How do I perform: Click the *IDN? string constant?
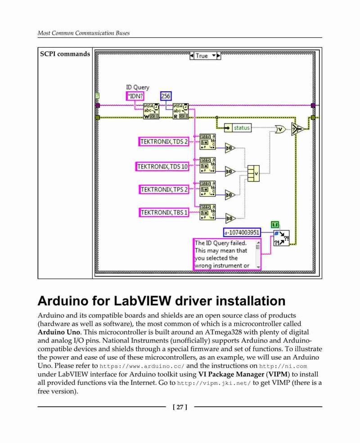pyautogui.click(x=135, y=96)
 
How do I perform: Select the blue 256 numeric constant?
pyautogui.click(x=166, y=96)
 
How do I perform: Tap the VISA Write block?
pyautogui.click(x=151, y=111)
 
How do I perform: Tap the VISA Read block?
pyautogui.click(x=180, y=111)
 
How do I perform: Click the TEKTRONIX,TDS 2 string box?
pyautogui.click(x=164, y=142)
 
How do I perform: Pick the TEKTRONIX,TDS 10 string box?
pyautogui.click(x=162, y=167)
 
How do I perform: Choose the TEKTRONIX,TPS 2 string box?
pyautogui.click(x=164, y=190)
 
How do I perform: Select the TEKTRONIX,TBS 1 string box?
pyautogui.click(x=164, y=212)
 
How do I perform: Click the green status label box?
pyautogui.click(x=242, y=128)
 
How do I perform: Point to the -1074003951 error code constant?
pyautogui.click(x=242, y=233)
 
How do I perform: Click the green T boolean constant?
pyautogui.click(x=275, y=225)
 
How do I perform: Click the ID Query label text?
pyautogui.click(x=138, y=87)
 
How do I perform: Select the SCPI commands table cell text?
pyautogui.click(x=65, y=54)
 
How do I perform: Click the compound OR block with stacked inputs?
pyautogui.click(x=253, y=173)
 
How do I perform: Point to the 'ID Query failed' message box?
pyautogui.click(x=227, y=254)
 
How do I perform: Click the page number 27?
pyautogui.click(x=180, y=407)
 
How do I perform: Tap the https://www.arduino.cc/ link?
pyautogui.click(x=142, y=366)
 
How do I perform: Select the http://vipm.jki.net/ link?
pyautogui.click(x=214, y=383)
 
